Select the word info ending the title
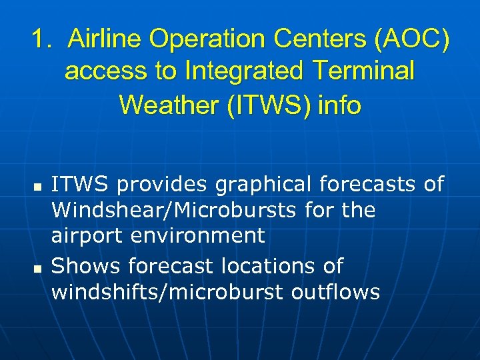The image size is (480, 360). [339, 105]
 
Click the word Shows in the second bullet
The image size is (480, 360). [86, 266]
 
